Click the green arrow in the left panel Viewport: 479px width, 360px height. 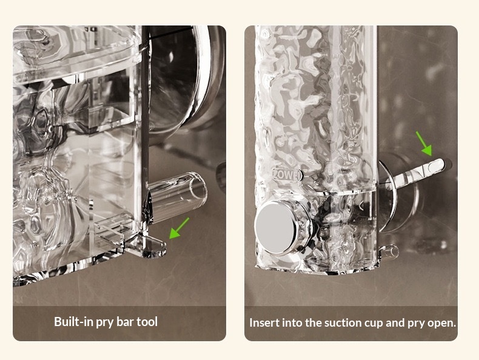click(x=179, y=228)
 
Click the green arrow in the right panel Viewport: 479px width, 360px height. click(x=424, y=144)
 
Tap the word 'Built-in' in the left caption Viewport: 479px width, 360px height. click(x=73, y=322)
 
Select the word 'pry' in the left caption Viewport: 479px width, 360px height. click(x=104, y=323)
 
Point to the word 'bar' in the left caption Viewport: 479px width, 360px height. click(x=124, y=322)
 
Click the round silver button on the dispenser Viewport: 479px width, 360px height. click(x=276, y=228)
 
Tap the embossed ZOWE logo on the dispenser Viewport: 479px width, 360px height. click(x=287, y=175)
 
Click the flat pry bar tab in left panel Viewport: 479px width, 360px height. click(x=146, y=246)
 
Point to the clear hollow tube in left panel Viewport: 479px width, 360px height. click(x=176, y=196)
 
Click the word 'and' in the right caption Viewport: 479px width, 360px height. click(x=395, y=323)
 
